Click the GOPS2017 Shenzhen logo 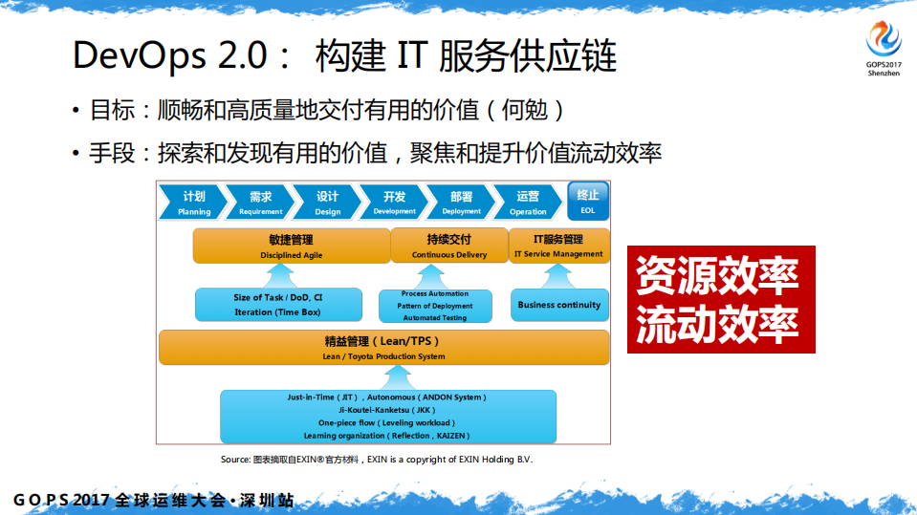click(x=883, y=45)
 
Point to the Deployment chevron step click(x=461, y=202)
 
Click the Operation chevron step click(x=528, y=202)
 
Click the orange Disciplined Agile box click(x=291, y=247)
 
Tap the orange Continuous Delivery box click(x=448, y=247)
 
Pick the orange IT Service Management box click(x=558, y=246)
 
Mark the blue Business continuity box click(x=559, y=305)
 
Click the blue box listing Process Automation click(x=434, y=306)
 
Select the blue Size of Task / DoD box click(x=278, y=305)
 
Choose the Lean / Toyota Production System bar click(x=383, y=347)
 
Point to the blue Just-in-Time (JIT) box click(x=387, y=416)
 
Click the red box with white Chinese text click(x=721, y=299)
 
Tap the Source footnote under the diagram click(x=376, y=460)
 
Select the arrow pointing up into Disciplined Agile click(x=278, y=275)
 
